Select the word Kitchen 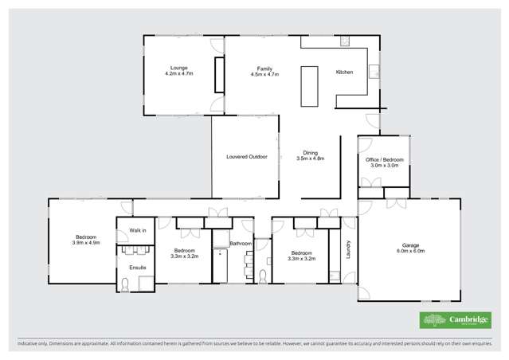click(x=344, y=72)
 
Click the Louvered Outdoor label click(x=246, y=157)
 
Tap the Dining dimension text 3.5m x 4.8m click(x=311, y=158)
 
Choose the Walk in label click(x=138, y=230)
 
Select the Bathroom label click(x=241, y=243)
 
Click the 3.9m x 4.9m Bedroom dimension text click(x=87, y=242)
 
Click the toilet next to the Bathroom click(x=263, y=276)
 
